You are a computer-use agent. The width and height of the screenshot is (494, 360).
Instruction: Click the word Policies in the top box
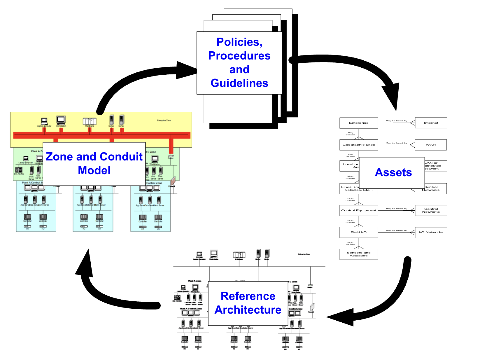tap(239, 42)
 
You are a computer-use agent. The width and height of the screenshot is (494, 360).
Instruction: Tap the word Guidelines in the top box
tap(239, 83)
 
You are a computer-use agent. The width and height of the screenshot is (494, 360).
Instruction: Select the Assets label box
tap(393, 172)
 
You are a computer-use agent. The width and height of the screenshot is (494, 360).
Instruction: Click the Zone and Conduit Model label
tap(94, 163)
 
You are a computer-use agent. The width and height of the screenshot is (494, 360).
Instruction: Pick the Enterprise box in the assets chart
tap(358, 123)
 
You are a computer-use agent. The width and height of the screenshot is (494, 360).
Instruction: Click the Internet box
tap(431, 123)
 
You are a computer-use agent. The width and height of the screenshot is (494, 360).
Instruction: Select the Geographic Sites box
tap(358, 145)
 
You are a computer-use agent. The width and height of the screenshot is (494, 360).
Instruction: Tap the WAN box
tap(430, 145)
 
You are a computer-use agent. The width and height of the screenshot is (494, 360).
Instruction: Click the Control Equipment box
tap(358, 210)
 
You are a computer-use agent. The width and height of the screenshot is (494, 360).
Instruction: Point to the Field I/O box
tap(358, 232)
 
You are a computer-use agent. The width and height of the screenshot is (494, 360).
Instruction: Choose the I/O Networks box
tap(431, 232)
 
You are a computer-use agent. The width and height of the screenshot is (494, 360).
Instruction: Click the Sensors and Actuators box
tap(358, 254)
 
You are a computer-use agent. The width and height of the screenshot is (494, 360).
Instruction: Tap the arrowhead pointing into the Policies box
tap(187, 70)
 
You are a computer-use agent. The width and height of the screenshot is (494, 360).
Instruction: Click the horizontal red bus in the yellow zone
tap(102, 135)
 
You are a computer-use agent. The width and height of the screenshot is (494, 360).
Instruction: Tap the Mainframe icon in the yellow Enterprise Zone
tap(90, 121)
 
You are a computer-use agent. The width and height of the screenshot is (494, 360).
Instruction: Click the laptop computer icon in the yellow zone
tap(44, 121)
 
